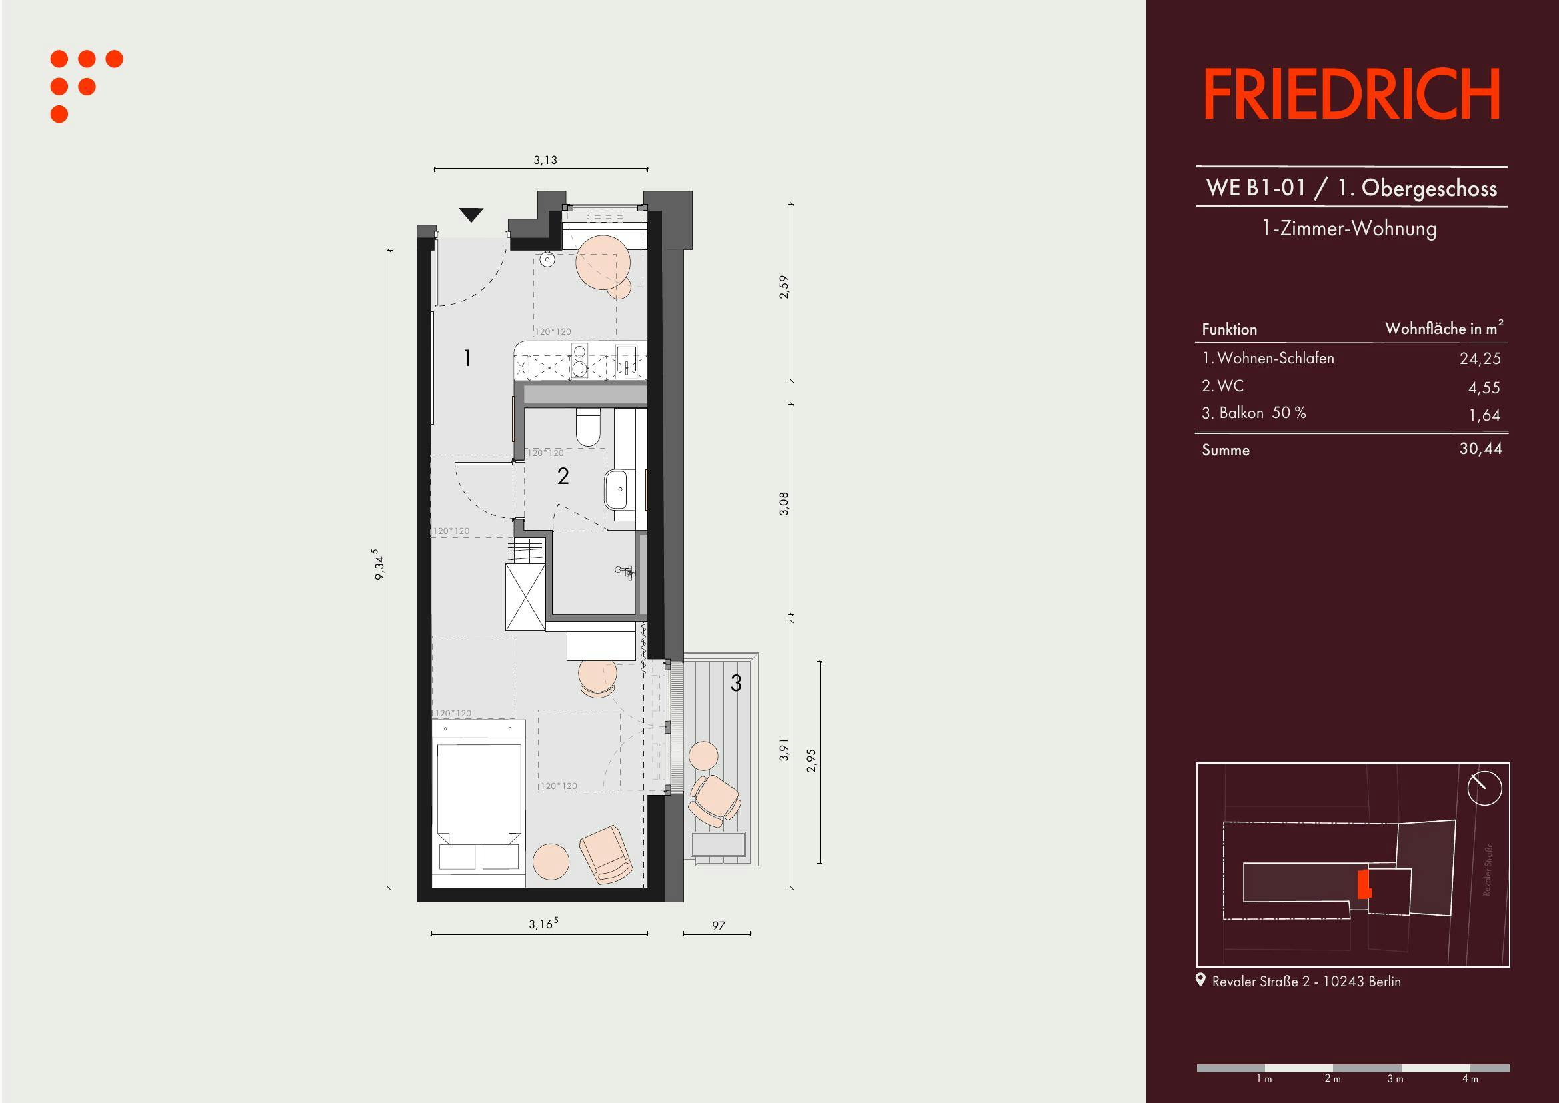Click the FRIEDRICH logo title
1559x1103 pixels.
click(1351, 94)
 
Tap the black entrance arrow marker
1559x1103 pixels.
click(471, 215)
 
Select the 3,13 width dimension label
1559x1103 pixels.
click(545, 160)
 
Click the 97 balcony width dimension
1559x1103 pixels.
click(719, 925)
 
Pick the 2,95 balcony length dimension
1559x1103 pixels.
click(810, 761)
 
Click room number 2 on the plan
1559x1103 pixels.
click(563, 476)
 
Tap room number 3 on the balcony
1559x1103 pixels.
click(736, 683)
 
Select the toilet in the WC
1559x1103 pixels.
click(588, 427)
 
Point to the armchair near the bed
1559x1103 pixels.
click(607, 854)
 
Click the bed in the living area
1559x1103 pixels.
click(479, 804)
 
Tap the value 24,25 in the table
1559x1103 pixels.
click(1480, 359)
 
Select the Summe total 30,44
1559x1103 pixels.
click(1481, 449)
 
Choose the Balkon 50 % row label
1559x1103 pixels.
click(1254, 413)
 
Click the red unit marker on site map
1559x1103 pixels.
click(1364, 885)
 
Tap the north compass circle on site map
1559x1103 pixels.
click(1484, 788)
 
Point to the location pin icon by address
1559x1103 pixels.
click(1200, 980)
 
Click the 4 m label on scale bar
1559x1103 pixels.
click(1470, 1078)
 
